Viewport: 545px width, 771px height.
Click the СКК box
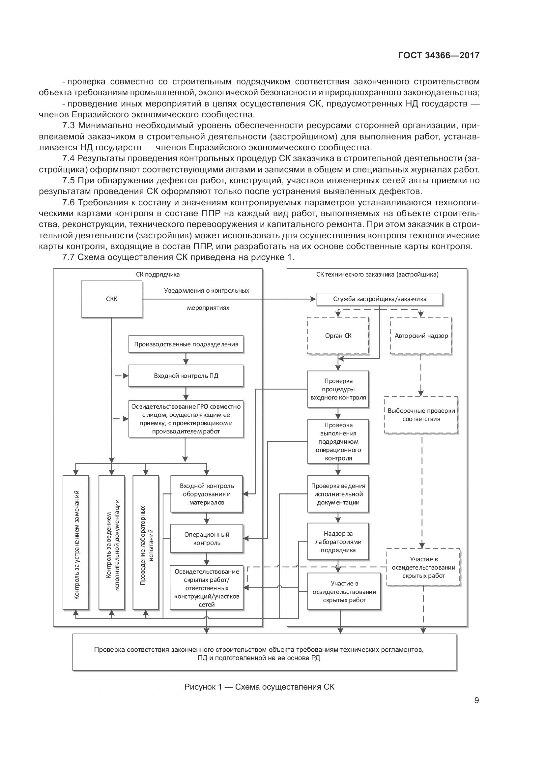pyautogui.click(x=111, y=299)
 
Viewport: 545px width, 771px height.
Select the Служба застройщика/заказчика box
pyautogui.click(x=379, y=299)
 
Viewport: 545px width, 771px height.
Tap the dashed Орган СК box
pyautogui.click(x=338, y=336)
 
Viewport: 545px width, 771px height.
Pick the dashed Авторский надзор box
pyautogui.click(x=421, y=336)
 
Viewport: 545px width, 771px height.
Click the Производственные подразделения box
pyautogui.click(x=186, y=344)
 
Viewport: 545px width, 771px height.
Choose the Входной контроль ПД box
pyautogui.click(x=186, y=375)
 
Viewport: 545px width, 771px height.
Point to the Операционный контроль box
pyautogui.click(x=206, y=539)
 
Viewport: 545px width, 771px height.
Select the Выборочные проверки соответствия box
pyautogui.click(x=421, y=415)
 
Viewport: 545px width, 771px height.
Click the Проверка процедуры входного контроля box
pyautogui.click(x=338, y=389)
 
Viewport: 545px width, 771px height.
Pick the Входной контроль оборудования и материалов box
pyautogui.click(x=206, y=494)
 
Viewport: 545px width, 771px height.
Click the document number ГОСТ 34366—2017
pyautogui.click(x=439, y=55)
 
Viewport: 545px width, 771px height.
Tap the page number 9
pyautogui.click(x=476, y=700)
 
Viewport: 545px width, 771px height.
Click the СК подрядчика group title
pyautogui.click(x=158, y=274)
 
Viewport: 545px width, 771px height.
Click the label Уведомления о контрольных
pyautogui.click(x=206, y=290)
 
